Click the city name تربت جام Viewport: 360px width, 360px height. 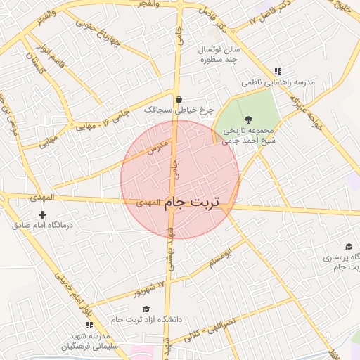(x=192, y=202)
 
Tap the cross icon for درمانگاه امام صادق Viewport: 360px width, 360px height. (x=43, y=214)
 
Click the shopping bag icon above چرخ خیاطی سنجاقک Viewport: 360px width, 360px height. (x=179, y=99)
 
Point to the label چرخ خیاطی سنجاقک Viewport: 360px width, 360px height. (x=178, y=110)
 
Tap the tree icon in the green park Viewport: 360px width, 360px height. (x=247, y=119)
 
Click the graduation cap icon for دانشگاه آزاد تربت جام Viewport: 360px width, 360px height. (x=146, y=309)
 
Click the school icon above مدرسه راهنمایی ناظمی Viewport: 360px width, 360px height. (x=278, y=71)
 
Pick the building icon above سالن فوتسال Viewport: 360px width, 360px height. (x=214, y=32)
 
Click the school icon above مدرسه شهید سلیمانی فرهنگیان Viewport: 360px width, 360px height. (x=89, y=325)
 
